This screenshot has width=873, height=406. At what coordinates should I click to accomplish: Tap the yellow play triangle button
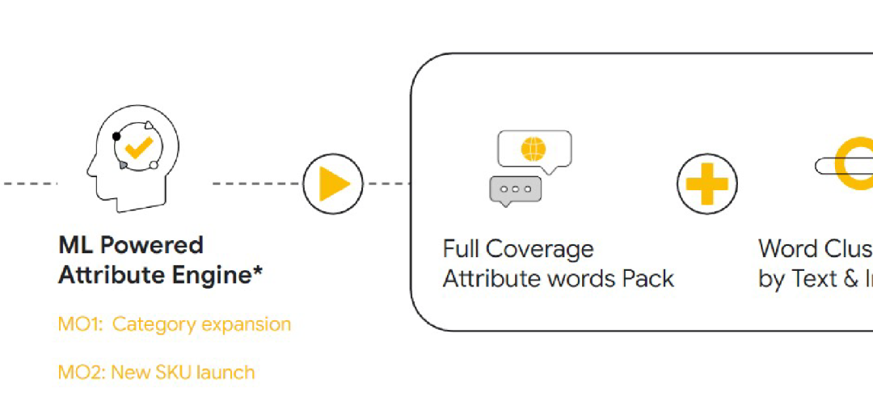pos(333,184)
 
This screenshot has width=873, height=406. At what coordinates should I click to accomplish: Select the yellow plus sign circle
pos(706,184)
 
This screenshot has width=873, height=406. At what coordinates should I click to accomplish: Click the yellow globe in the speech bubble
pos(533,149)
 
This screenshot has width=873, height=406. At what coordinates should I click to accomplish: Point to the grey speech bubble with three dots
pos(515,189)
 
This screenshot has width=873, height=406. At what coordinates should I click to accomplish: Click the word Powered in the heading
pos(151,245)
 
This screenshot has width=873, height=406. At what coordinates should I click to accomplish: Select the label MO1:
pos(80,324)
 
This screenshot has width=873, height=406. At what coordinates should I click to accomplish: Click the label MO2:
pos(80,373)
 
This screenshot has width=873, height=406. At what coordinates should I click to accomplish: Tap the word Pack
pos(648,279)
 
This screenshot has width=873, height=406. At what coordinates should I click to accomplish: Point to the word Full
pos(460,248)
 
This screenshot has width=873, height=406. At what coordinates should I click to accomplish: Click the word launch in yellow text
pos(229,373)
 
